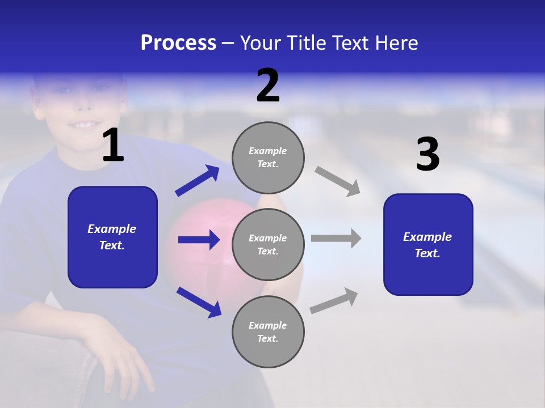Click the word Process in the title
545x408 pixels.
[x=178, y=43]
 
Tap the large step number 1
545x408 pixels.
[x=113, y=146]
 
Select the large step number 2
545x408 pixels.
[x=268, y=86]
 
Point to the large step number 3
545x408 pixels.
[x=427, y=155]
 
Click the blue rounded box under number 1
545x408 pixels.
[x=112, y=237]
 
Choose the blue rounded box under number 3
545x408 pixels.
[x=428, y=245]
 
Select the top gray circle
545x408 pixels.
[x=268, y=158]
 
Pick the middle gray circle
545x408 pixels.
[x=268, y=245]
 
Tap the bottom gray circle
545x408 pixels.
[x=268, y=332]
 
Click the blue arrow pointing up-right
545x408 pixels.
[x=197, y=181]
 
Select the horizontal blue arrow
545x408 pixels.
[x=199, y=240]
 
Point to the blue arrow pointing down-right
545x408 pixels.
[x=199, y=302]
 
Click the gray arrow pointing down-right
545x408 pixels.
[x=337, y=181]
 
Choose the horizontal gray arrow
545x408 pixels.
[x=336, y=238]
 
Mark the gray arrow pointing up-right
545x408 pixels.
[x=334, y=301]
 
